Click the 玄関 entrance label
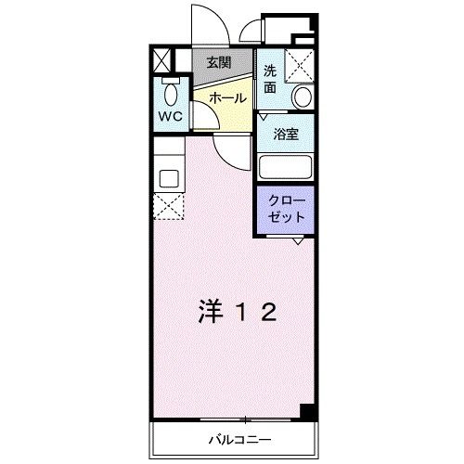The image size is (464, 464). [x=220, y=62]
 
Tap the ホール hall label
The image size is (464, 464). [x=227, y=97]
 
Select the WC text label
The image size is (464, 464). [x=170, y=116]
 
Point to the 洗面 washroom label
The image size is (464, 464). [x=269, y=79]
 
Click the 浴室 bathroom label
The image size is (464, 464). [x=286, y=133]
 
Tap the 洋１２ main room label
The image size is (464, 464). [x=237, y=313]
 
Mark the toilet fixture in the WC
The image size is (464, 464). [x=170, y=93]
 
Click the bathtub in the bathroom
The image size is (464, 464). [x=286, y=167]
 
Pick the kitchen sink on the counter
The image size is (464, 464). [x=168, y=176]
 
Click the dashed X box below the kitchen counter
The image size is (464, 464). [x=168, y=206]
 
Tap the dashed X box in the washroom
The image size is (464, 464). [x=299, y=66]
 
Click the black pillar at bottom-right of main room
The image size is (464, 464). [x=309, y=412]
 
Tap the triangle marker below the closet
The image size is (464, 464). [x=296, y=240]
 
